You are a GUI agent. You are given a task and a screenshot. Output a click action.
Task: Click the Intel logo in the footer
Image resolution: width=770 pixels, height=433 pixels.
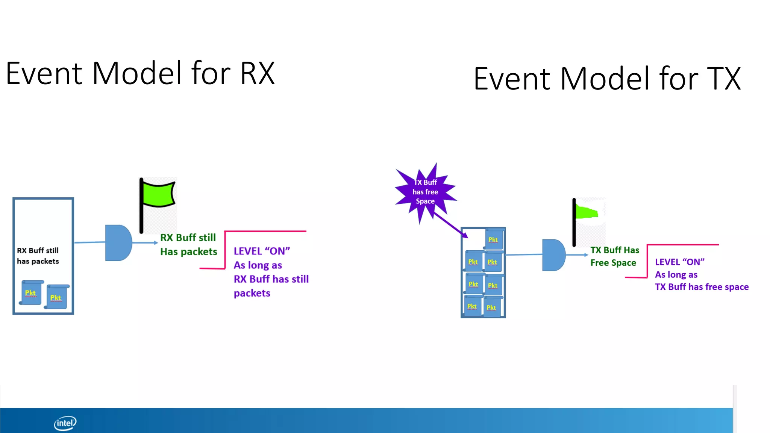coord(65,423)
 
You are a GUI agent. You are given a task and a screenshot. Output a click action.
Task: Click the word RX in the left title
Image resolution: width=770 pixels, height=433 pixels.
coord(258,73)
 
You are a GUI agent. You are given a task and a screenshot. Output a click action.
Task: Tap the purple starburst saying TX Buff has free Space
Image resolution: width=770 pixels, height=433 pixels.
coord(425,192)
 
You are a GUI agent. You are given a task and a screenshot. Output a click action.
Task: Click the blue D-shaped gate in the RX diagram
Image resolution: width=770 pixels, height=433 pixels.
coord(118,243)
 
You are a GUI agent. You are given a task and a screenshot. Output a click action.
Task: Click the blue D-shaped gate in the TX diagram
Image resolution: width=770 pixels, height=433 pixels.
coord(553,255)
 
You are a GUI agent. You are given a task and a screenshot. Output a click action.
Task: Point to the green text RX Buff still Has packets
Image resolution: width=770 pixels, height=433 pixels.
coord(188,245)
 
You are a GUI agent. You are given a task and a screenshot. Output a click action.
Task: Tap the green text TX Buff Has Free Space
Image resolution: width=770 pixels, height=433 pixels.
coord(614,256)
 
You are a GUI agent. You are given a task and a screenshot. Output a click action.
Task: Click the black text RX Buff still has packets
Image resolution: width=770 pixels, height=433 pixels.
coord(38,256)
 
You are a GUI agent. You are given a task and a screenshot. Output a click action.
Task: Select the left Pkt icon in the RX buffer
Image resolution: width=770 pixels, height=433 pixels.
coord(31,292)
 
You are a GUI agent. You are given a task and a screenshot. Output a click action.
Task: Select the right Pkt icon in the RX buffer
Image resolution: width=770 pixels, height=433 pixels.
coord(56,297)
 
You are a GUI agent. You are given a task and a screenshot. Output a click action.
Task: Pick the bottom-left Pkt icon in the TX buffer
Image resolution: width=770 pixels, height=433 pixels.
coord(472,306)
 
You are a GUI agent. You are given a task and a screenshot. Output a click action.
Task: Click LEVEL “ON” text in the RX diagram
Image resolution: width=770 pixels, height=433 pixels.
coord(262,251)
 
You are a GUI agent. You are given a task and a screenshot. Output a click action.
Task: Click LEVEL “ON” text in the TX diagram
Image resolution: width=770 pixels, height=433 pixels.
coord(679,262)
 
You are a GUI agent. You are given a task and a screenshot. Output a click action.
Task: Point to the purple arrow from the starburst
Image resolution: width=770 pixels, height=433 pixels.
coord(450,225)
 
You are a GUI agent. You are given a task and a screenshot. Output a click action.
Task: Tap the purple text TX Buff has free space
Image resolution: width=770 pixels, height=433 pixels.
coord(702,287)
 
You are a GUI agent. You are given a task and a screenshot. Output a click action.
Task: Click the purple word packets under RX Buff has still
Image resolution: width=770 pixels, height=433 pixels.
coord(252,293)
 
